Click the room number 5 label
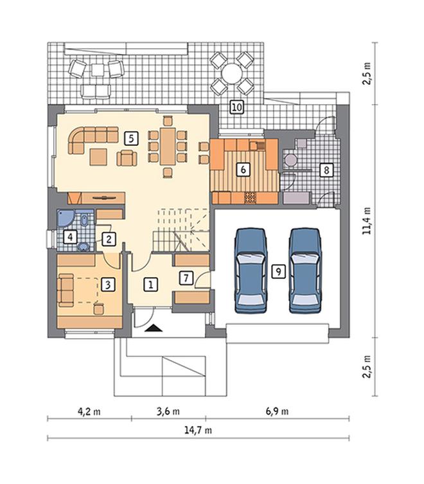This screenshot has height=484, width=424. pos(131,139)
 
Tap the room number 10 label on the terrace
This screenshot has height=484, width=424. pos(236,107)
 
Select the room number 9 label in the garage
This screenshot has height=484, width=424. pos(278,272)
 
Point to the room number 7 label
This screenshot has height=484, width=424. pos(186,278)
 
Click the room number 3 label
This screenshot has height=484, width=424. pos(108,284)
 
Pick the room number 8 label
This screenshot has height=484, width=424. pos(326,170)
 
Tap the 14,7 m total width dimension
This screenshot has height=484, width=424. pos(198,430)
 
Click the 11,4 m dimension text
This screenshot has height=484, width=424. pos(367,220)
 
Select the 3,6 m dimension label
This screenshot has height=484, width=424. pos(168,411)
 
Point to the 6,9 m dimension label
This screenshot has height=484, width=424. pos(277,411)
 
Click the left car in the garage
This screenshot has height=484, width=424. pos(251,271)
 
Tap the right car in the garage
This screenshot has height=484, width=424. pos(305,271)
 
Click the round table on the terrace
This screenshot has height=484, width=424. pos(232,73)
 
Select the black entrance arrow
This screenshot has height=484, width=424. pos(154,328)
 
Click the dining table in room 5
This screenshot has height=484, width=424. pos(168,146)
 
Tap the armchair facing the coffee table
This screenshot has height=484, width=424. pos(127,158)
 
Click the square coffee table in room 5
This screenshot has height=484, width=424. pos(99,156)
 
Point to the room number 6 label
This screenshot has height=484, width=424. pos(243,170)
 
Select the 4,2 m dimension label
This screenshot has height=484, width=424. pos(89,411)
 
